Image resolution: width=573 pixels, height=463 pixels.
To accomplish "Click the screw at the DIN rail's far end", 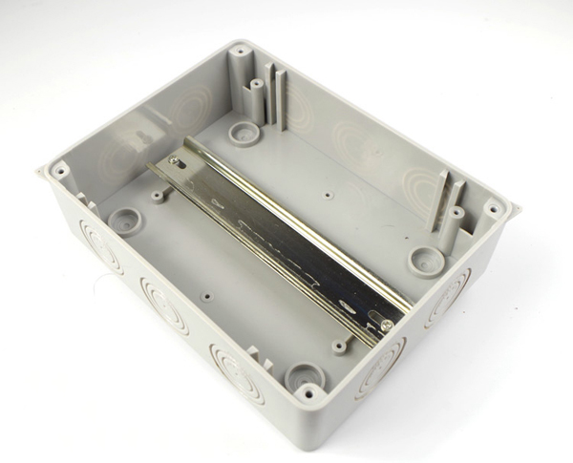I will pos(174,162).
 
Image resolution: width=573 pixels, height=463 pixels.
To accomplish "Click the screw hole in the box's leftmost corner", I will pos(59,172).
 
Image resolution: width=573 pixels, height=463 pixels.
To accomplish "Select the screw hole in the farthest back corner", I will pos(241,49).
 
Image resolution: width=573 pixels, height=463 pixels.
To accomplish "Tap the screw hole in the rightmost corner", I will pos(493,207).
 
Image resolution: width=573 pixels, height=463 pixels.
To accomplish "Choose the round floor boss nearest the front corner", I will pos(305,372).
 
